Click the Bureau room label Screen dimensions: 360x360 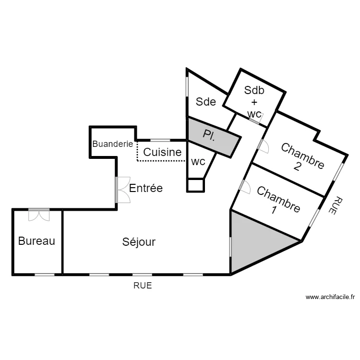click(x=36, y=241)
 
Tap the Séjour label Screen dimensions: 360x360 click(x=139, y=242)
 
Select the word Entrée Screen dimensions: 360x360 click(x=146, y=188)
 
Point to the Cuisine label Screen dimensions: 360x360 click(x=163, y=153)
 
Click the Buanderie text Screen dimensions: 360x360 click(x=112, y=144)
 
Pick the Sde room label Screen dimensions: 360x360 click(x=206, y=102)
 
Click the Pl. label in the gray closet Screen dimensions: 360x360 click(x=209, y=135)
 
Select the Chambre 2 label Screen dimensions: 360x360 click(x=302, y=156)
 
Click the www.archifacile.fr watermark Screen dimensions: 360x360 click(x=330, y=298)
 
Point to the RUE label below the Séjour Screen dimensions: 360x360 click(x=143, y=285)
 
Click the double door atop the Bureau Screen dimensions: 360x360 click(x=39, y=215)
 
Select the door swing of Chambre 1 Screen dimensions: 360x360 click(x=244, y=186)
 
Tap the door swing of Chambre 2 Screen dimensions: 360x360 click(x=263, y=146)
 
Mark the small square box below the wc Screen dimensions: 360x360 click(x=195, y=185)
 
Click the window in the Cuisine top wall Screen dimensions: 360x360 click(x=161, y=140)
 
